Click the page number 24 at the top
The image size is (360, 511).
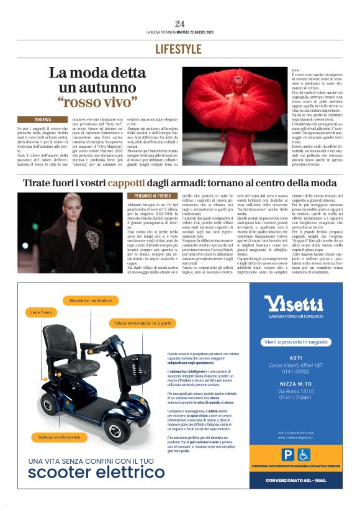(179, 24)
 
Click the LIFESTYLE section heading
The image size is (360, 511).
(179, 48)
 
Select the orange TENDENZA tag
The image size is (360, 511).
(43, 118)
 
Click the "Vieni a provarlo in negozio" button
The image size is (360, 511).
(295, 341)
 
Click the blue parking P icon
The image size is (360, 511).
(287, 455)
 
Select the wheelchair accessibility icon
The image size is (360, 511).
(304, 455)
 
